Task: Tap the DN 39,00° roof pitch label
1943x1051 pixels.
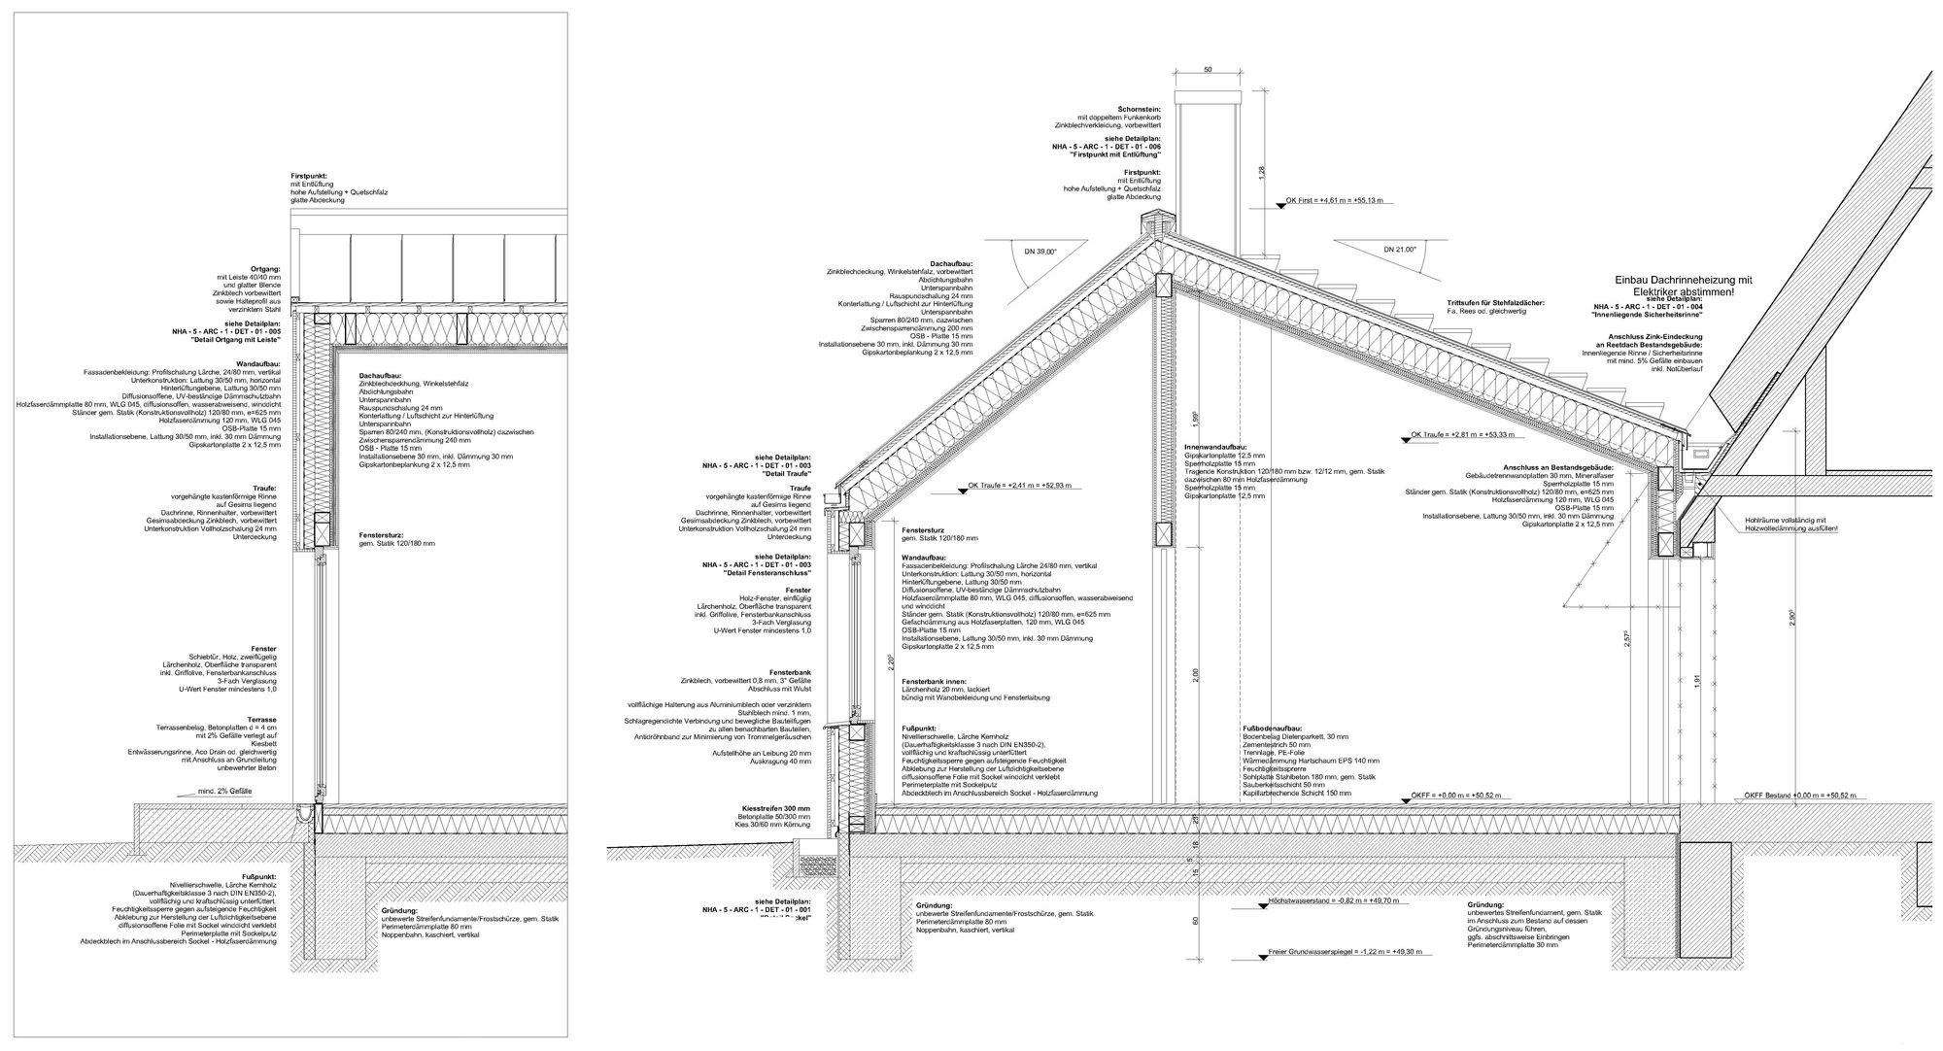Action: click(x=1039, y=251)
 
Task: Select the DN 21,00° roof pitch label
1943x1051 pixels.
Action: click(x=1399, y=250)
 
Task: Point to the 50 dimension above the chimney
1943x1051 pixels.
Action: click(x=1208, y=70)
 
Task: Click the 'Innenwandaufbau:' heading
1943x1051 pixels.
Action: click(x=1217, y=446)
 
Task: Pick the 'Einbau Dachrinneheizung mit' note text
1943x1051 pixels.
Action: click(x=1684, y=280)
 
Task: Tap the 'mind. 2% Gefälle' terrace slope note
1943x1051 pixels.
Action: click(x=225, y=792)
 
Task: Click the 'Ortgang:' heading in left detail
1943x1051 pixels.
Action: click(x=265, y=268)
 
